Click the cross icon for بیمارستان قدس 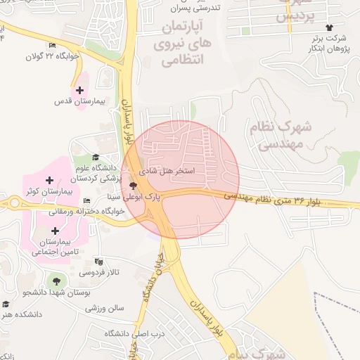[x=79, y=90]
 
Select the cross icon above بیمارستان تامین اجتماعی [x=55, y=230]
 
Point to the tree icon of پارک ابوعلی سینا [x=134, y=186]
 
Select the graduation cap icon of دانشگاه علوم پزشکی [x=96, y=157]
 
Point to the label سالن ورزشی [x=105, y=307]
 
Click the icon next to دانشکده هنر [x=6, y=304]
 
